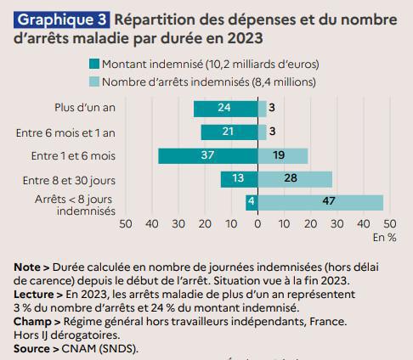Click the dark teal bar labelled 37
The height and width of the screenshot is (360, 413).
click(x=207, y=155)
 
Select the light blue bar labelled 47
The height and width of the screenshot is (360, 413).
click(x=320, y=202)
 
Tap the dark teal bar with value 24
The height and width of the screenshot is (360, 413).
click(x=225, y=109)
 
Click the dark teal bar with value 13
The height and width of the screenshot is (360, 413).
click(x=239, y=179)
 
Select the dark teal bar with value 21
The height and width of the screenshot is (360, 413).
click(x=229, y=132)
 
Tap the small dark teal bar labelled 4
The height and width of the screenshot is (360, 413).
click(x=252, y=202)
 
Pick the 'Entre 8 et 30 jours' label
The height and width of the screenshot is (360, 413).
click(x=70, y=179)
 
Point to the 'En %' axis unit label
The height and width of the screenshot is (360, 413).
click(x=384, y=237)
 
